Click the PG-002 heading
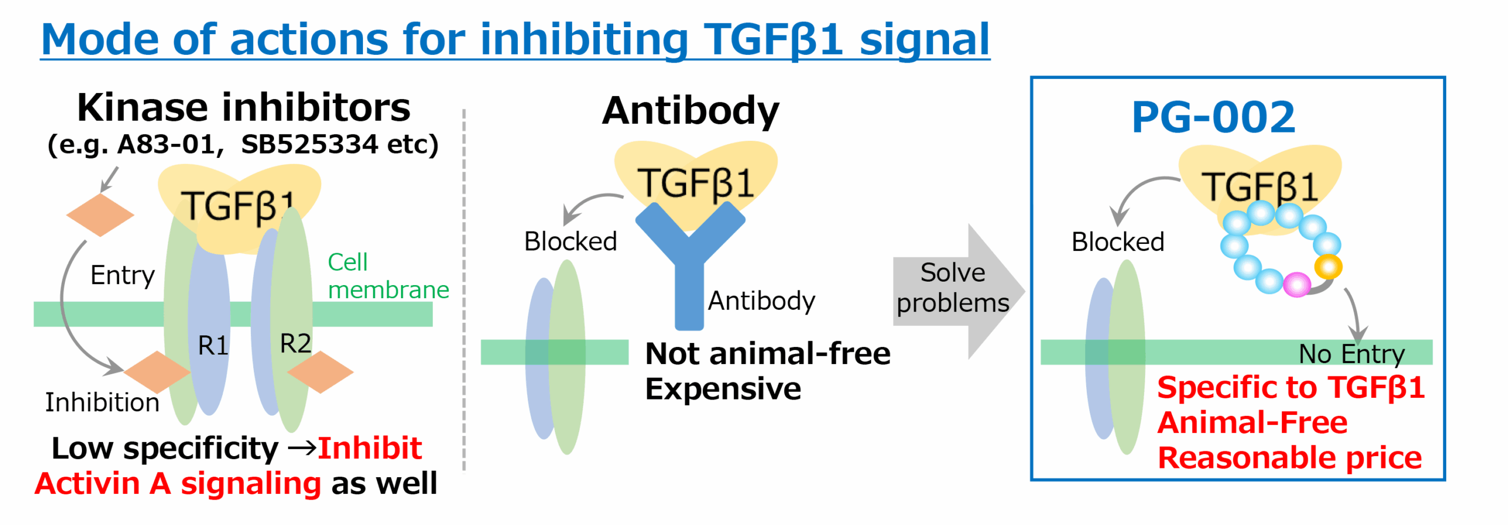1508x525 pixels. click(x=1213, y=117)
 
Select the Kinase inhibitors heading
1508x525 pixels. click(x=244, y=108)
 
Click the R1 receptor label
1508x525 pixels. click(x=213, y=345)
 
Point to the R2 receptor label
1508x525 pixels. click(x=295, y=343)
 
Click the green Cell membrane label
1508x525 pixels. click(x=388, y=276)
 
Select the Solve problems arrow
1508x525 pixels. click(x=959, y=291)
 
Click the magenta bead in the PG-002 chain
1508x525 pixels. click(x=1297, y=285)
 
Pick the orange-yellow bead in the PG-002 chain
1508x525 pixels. click(x=1328, y=266)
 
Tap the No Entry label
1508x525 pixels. click(x=1352, y=354)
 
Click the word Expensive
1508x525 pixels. click(x=723, y=389)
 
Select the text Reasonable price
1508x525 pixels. click(x=1290, y=458)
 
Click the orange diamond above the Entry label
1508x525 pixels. click(x=100, y=215)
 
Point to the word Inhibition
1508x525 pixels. click(x=102, y=402)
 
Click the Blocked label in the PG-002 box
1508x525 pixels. click(x=1118, y=242)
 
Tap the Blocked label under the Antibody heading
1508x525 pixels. click(x=571, y=241)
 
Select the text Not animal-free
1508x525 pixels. click(x=768, y=354)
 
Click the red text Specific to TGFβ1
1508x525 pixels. click(x=1291, y=388)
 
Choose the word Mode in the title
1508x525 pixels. click(x=101, y=39)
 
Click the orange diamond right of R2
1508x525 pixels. click(x=320, y=372)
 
